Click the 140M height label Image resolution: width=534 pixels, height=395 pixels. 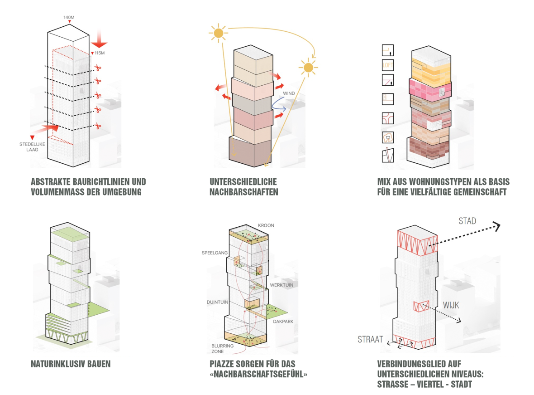pyautogui.click(x=68, y=17)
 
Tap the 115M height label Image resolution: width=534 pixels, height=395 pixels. pyautogui.click(x=100, y=53)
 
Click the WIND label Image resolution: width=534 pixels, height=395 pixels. pyautogui.click(x=289, y=93)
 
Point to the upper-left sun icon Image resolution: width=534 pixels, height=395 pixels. pyautogui.click(x=219, y=33)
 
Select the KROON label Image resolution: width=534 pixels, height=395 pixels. pyautogui.click(x=266, y=225)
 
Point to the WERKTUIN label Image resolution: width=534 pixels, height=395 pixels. pyautogui.click(x=281, y=285)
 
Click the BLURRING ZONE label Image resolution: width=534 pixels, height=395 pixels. pyautogui.click(x=223, y=348)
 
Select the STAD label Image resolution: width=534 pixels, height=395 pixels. pyautogui.click(x=467, y=221)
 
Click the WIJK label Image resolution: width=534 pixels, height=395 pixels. pyautogui.click(x=451, y=305)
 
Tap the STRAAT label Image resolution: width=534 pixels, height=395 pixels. pyautogui.click(x=370, y=339)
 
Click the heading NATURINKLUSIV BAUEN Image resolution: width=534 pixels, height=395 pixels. pyautogui.click(x=71, y=364)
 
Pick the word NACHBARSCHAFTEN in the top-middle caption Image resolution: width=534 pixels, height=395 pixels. pyautogui.click(x=244, y=192)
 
